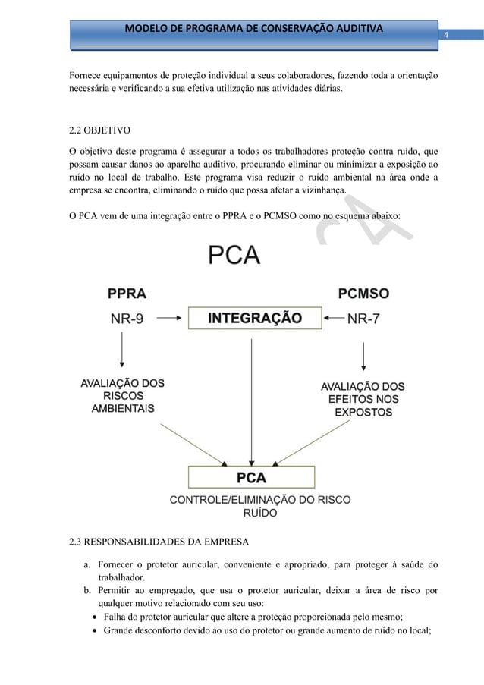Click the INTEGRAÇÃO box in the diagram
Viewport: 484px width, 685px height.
tap(254, 318)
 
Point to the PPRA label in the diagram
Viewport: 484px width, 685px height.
tap(127, 293)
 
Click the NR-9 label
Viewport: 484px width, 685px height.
tap(127, 319)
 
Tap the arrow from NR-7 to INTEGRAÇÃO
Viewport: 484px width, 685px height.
tap(332, 319)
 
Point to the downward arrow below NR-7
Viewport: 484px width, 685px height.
tap(366, 357)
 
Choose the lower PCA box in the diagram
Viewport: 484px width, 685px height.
tap(251, 478)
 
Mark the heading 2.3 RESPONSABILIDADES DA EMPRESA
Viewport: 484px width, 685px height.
tap(165, 542)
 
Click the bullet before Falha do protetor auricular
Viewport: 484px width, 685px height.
tap(96, 617)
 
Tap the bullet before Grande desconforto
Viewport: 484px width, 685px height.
tap(96, 631)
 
